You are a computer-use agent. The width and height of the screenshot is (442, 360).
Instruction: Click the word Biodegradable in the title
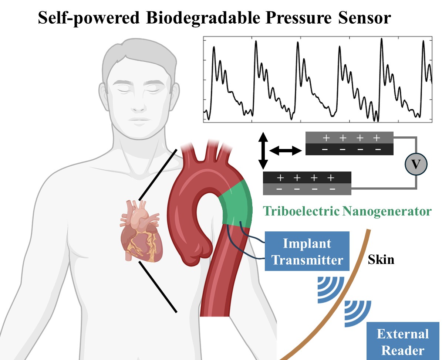pos(203,18)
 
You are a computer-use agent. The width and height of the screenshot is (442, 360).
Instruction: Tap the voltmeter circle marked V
pos(416,164)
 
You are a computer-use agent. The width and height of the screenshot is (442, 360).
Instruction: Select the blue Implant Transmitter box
pos(307,251)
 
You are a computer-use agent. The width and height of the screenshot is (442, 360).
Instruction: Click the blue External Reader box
pos(403,341)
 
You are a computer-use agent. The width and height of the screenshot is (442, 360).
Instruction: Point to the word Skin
pos(381,259)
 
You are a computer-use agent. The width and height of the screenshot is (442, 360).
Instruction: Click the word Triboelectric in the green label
pos(301,211)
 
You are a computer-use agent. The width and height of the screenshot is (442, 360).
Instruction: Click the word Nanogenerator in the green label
pos(387,211)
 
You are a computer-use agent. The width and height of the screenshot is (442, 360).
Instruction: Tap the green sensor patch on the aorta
pos(236,203)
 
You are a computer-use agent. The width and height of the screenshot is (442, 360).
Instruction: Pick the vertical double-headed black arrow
pos(263,150)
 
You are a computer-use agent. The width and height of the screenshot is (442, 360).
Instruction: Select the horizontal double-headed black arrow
pos(285,151)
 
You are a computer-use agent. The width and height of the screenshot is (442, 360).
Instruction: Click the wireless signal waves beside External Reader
pos(358,313)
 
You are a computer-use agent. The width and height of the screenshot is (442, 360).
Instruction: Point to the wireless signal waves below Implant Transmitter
pos(331,289)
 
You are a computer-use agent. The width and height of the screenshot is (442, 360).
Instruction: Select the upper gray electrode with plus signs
pos(350,138)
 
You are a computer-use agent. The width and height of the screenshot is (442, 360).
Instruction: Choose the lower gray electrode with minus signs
pos(307,189)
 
